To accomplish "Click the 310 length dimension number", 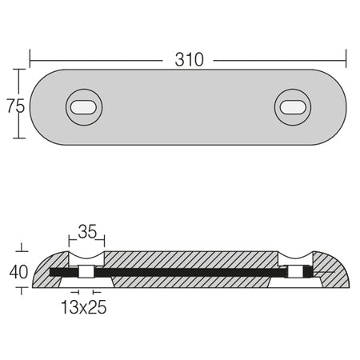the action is [189, 60].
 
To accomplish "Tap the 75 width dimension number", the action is [16, 106].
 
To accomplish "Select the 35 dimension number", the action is [87, 231].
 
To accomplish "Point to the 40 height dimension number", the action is [18, 272].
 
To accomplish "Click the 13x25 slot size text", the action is [84, 307].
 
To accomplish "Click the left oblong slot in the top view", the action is [84, 107].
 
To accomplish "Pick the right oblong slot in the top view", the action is [293, 107].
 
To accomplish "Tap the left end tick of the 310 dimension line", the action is [30, 58].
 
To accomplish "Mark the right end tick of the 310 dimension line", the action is [346, 58].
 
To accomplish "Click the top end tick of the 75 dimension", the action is [18, 70].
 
